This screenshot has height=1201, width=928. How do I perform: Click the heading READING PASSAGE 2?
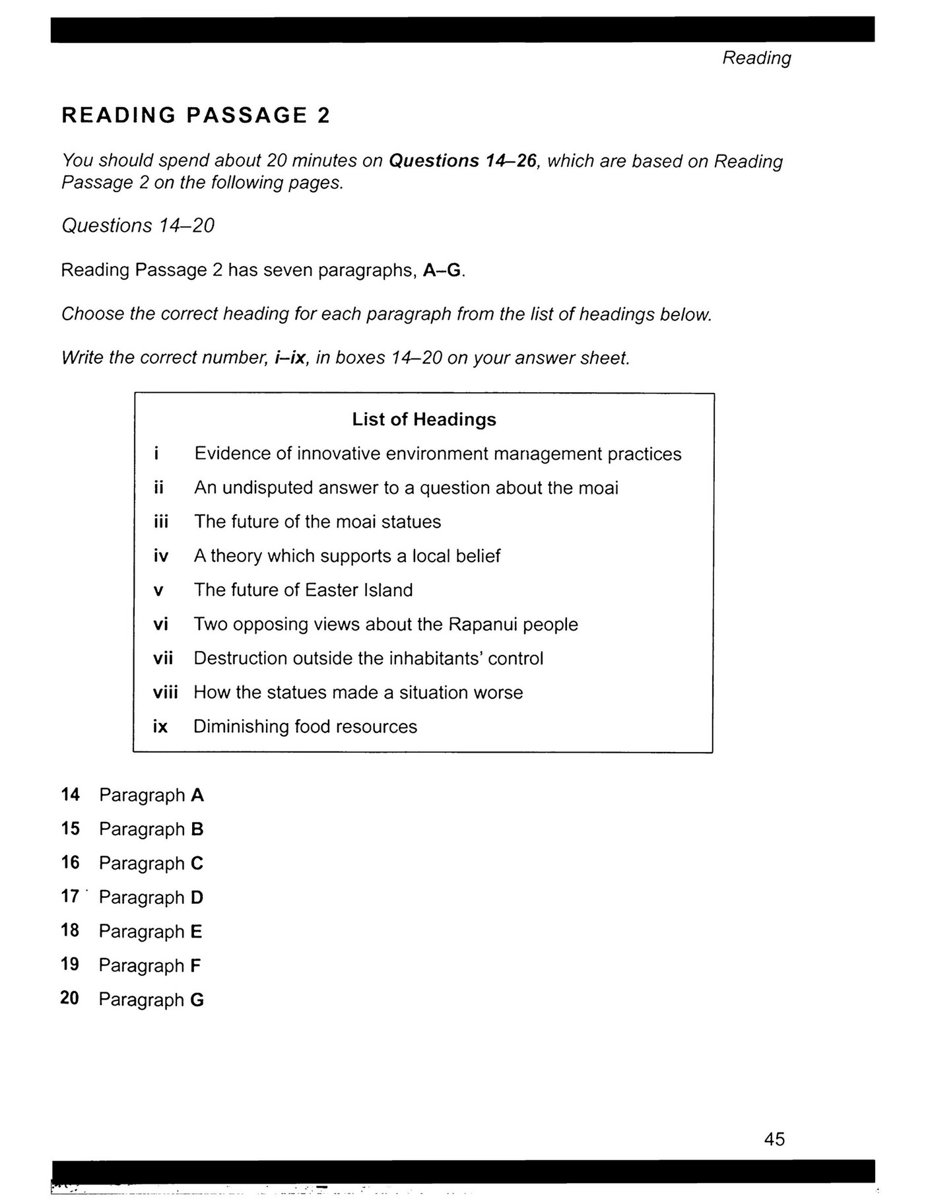click(x=195, y=116)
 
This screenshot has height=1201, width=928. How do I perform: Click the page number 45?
click(x=774, y=1138)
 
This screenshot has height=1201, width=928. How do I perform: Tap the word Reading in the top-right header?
click(x=756, y=58)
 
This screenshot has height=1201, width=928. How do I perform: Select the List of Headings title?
click(x=424, y=419)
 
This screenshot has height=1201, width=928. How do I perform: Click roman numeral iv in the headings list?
click(x=160, y=556)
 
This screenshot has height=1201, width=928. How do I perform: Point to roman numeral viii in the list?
click(x=165, y=693)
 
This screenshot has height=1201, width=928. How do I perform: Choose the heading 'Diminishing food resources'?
click(x=305, y=726)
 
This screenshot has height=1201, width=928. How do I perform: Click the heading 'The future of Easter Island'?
click(x=303, y=590)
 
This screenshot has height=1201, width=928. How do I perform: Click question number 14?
click(x=70, y=794)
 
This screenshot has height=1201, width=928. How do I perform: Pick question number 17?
click(x=70, y=897)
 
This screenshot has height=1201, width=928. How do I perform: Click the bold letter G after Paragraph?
click(x=197, y=1000)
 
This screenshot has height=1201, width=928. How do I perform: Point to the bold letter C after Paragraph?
click(x=197, y=863)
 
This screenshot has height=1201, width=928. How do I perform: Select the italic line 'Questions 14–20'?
click(x=138, y=226)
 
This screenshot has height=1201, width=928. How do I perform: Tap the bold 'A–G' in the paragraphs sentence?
click(x=442, y=270)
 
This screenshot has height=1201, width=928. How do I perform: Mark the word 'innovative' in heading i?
click(x=337, y=454)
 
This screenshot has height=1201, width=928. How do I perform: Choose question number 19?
click(x=70, y=965)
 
